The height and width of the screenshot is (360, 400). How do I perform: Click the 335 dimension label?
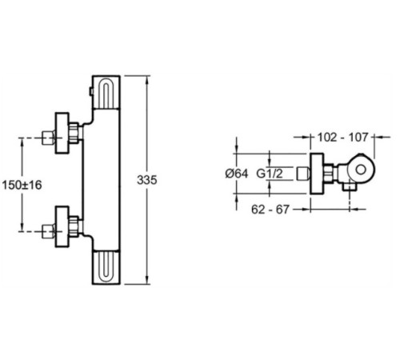[x=147, y=180]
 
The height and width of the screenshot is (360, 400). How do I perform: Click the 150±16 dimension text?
[x=22, y=185]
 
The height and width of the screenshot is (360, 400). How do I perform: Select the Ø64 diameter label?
[x=237, y=174]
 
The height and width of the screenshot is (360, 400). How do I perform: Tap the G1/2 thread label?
[x=270, y=174]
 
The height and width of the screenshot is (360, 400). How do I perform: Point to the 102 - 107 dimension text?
[x=342, y=137]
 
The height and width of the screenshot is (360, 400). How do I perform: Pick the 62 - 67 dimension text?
[x=270, y=210]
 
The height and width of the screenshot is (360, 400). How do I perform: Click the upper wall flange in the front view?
[x=62, y=133]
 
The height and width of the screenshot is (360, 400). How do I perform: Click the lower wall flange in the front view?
[x=62, y=226]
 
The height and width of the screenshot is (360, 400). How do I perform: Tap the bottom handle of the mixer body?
[x=106, y=267]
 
